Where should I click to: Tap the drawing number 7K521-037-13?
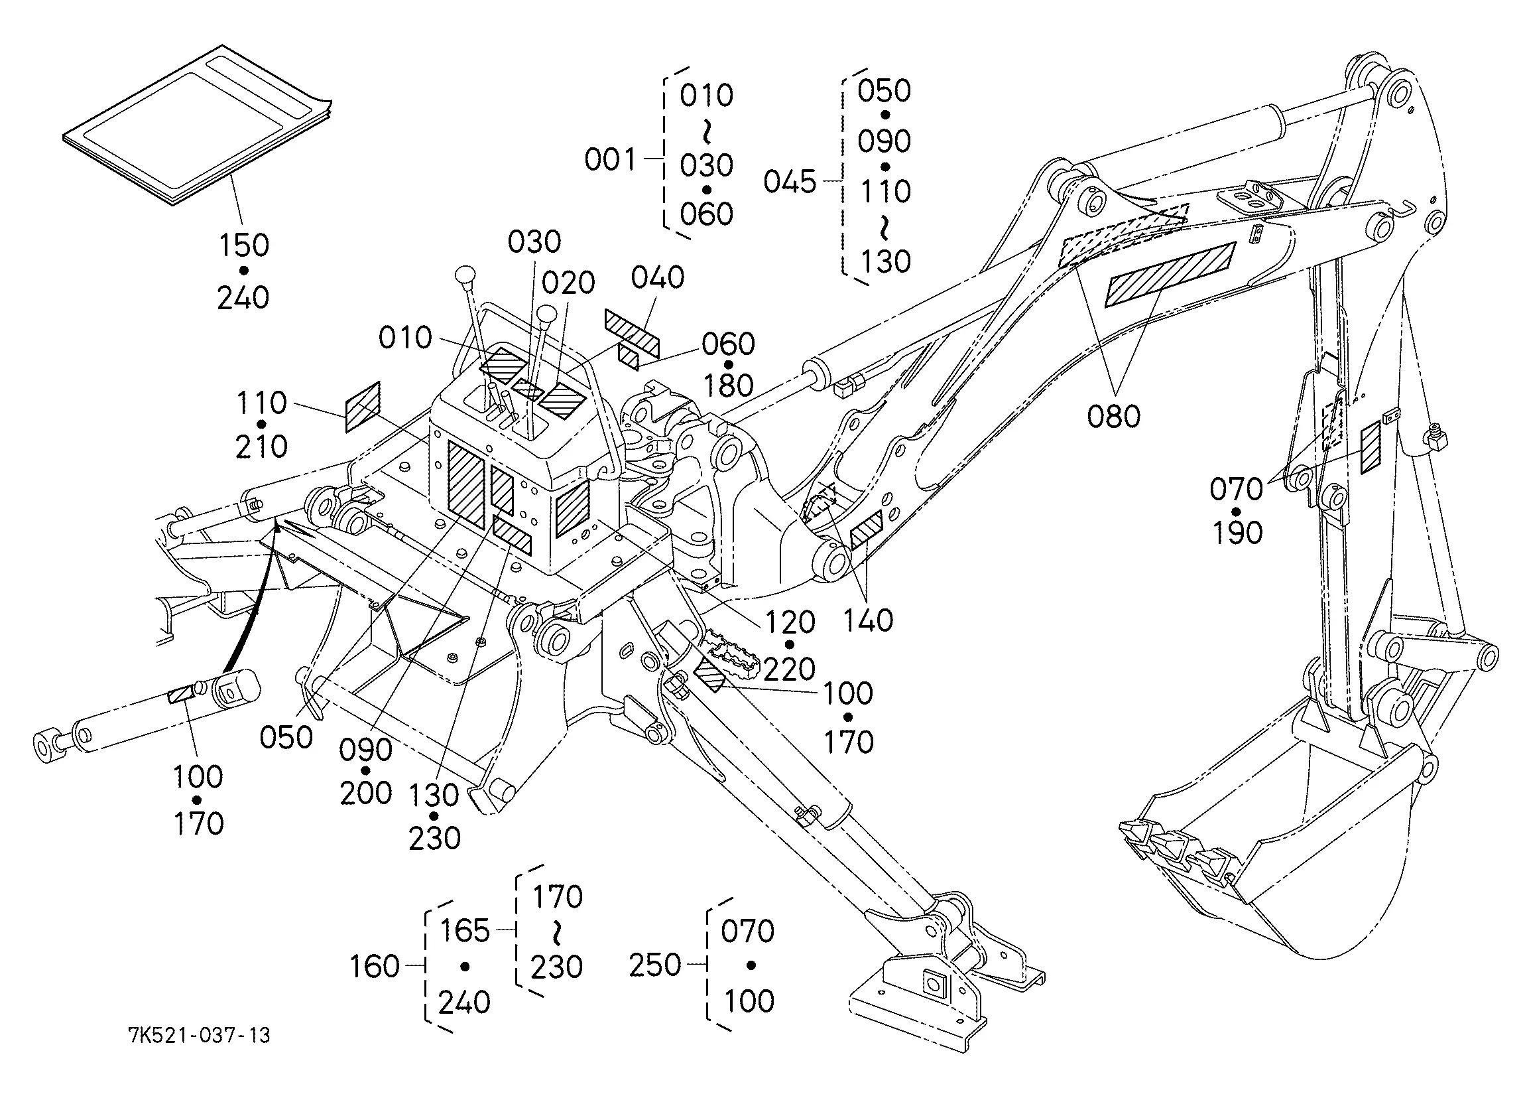[200, 1034]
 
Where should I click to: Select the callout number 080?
[1113, 417]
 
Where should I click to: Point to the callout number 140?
[868, 620]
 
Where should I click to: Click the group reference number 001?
[610, 159]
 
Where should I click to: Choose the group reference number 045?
[790, 182]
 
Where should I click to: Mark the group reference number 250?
[655, 965]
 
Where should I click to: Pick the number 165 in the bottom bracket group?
[465, 931]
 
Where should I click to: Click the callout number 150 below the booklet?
[244, 245]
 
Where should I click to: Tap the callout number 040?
[658, 277]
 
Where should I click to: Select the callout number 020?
[568, 283]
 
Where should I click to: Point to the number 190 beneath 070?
[1237, 533]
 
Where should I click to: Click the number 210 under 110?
[261, 447]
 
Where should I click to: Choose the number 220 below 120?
[790, 669]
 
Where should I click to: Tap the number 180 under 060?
[728, 386]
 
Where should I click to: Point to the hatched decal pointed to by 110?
[363, 407]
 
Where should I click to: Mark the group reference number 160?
[375, 967]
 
